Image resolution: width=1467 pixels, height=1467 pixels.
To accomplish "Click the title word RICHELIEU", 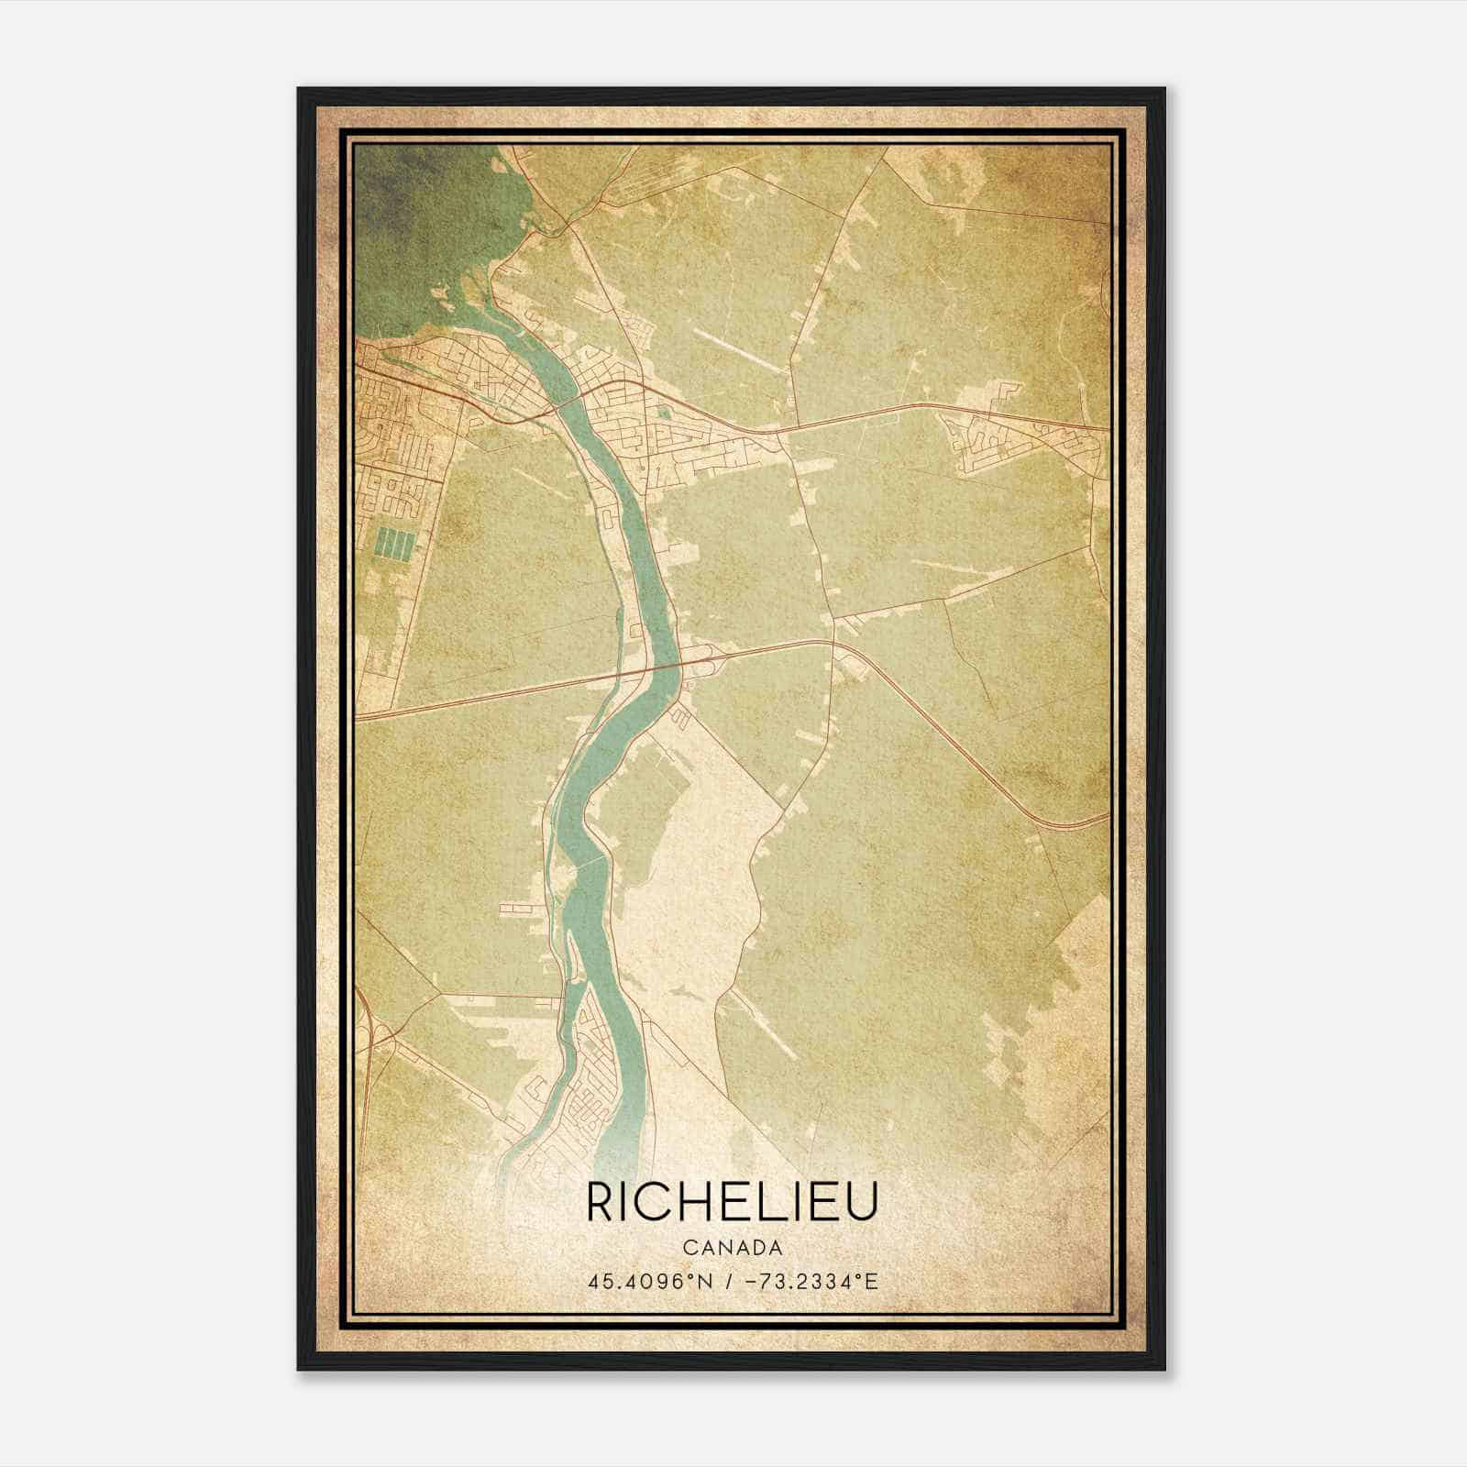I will (x=732, y=1201).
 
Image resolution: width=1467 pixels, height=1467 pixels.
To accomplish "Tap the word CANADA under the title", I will (x=732, y=1248).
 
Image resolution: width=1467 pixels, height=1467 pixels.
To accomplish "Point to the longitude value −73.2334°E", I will (x=807, y=1281).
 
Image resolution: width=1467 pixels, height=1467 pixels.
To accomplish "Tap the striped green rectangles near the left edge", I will (x=395, y=545).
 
